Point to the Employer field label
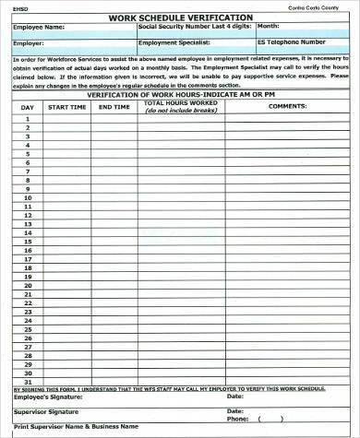coord(29,42)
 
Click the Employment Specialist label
coord(168,42)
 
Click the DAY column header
coord(29,107)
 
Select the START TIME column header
coord(66,107)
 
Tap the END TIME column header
coord(114,107)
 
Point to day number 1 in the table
coord(29,118)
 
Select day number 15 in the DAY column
coord(29,240)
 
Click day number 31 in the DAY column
coord(29,380)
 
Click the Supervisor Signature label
coord(44,410)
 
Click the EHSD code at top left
coord(20,7)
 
